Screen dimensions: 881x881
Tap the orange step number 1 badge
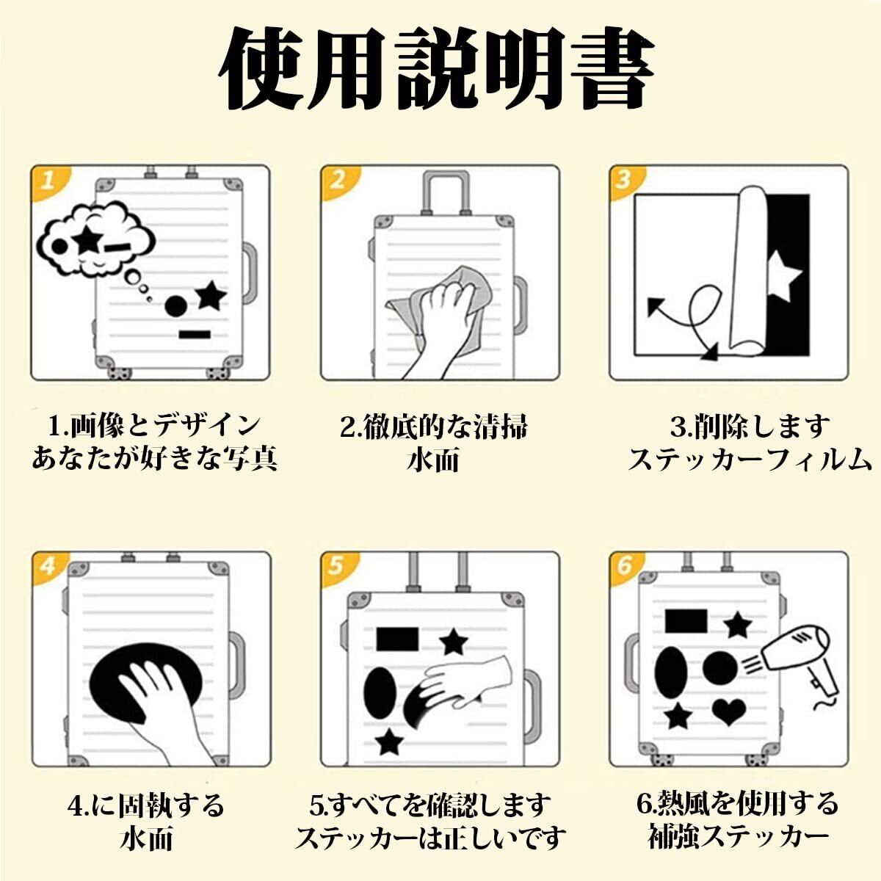(48, 181)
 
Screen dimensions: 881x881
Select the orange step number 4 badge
(48, 566)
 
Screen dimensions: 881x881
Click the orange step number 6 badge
(626, 566)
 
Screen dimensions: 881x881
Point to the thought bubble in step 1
(95, 239)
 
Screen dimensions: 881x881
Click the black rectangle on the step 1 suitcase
(195, 335)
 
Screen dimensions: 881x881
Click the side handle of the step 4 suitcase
(236, 665)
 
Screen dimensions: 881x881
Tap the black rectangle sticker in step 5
(397, 639)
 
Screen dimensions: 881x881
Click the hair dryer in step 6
(800, 657)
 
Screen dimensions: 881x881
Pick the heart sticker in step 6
(729, 711)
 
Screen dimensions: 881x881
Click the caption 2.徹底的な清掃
(433, 427)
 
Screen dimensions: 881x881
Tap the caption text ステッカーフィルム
(749, 460)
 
